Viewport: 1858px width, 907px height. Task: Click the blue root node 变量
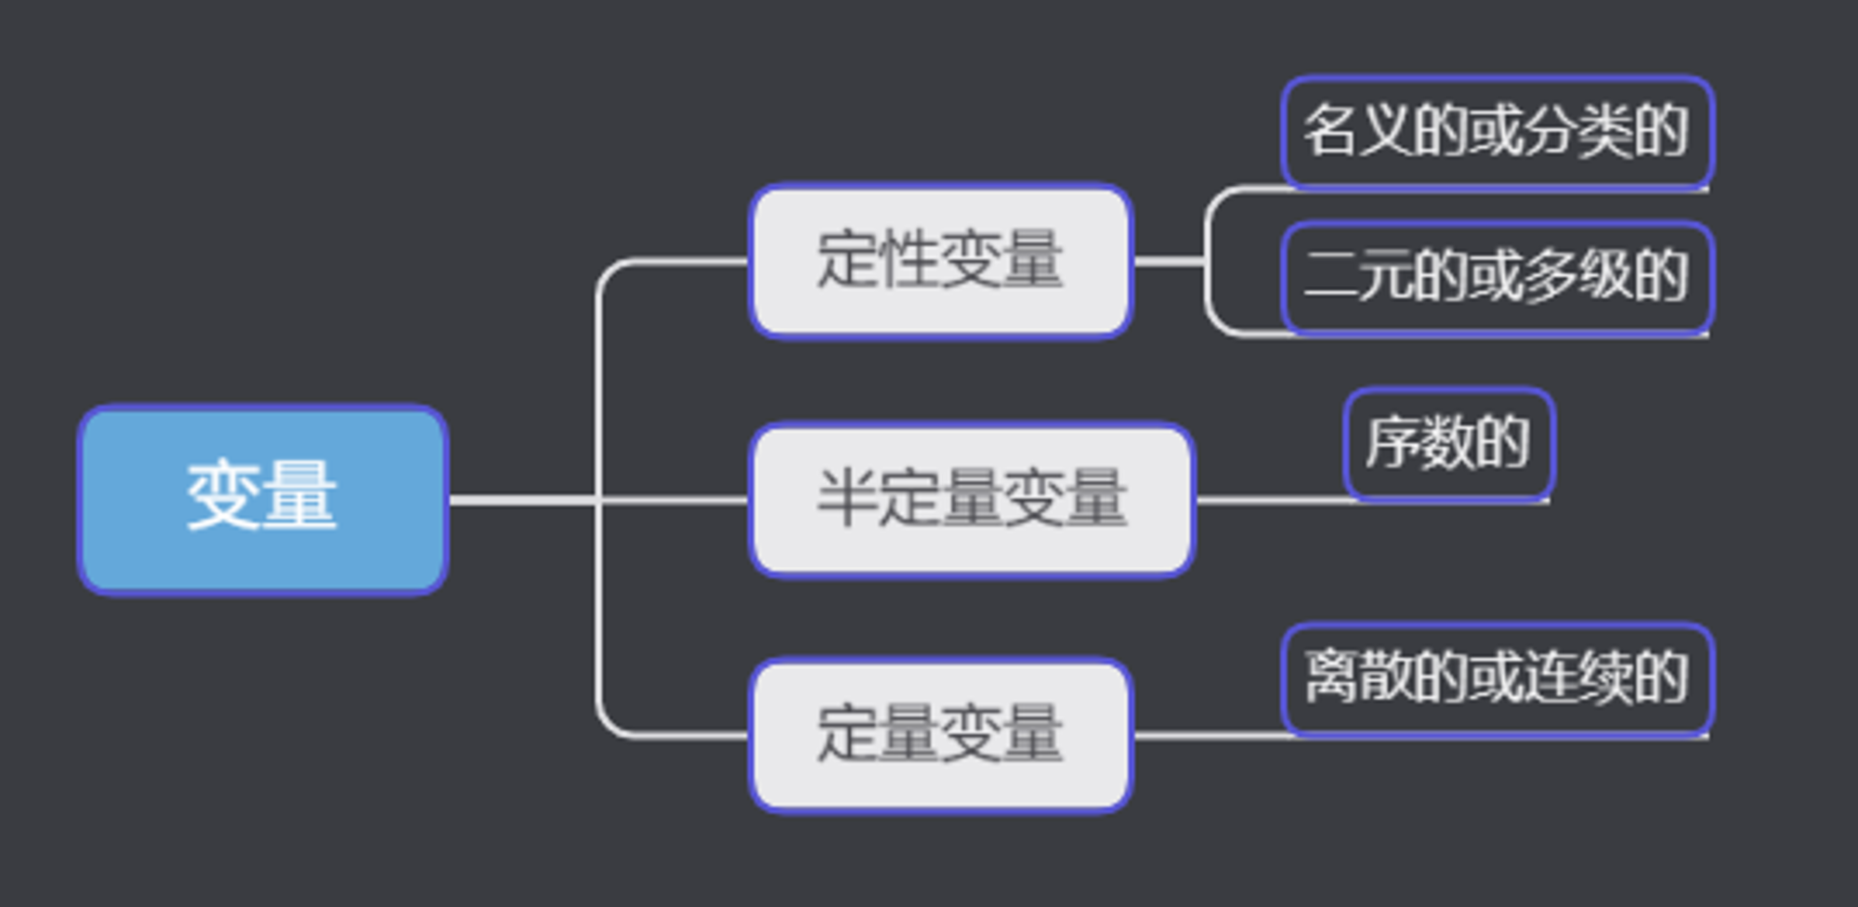(263, 499)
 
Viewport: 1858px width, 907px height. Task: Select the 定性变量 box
(941, 261)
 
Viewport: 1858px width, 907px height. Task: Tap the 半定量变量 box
(972, 500)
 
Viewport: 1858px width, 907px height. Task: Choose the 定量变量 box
(941, 735)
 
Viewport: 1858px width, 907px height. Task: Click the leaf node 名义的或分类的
(1497, 132)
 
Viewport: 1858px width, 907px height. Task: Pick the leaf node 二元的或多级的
(1497, 277)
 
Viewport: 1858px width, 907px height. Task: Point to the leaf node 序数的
(1448, 443)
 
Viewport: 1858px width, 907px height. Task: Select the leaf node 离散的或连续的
(1497, 678)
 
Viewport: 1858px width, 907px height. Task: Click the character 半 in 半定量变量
(846, 498)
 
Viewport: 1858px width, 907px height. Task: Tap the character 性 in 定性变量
(909, 259)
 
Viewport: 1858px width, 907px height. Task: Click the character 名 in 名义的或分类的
(1329, 130)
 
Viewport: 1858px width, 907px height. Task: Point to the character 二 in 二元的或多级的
(1329, 275)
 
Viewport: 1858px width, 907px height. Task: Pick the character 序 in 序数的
(1393, 441)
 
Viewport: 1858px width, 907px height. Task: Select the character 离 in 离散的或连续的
(1329, 677)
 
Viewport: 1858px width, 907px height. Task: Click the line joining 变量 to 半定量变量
(599, 501)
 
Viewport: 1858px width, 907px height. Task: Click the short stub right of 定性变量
(1169, 261)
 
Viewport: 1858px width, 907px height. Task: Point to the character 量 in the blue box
(299, 496)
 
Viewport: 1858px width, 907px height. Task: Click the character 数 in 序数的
(1447, 441)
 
